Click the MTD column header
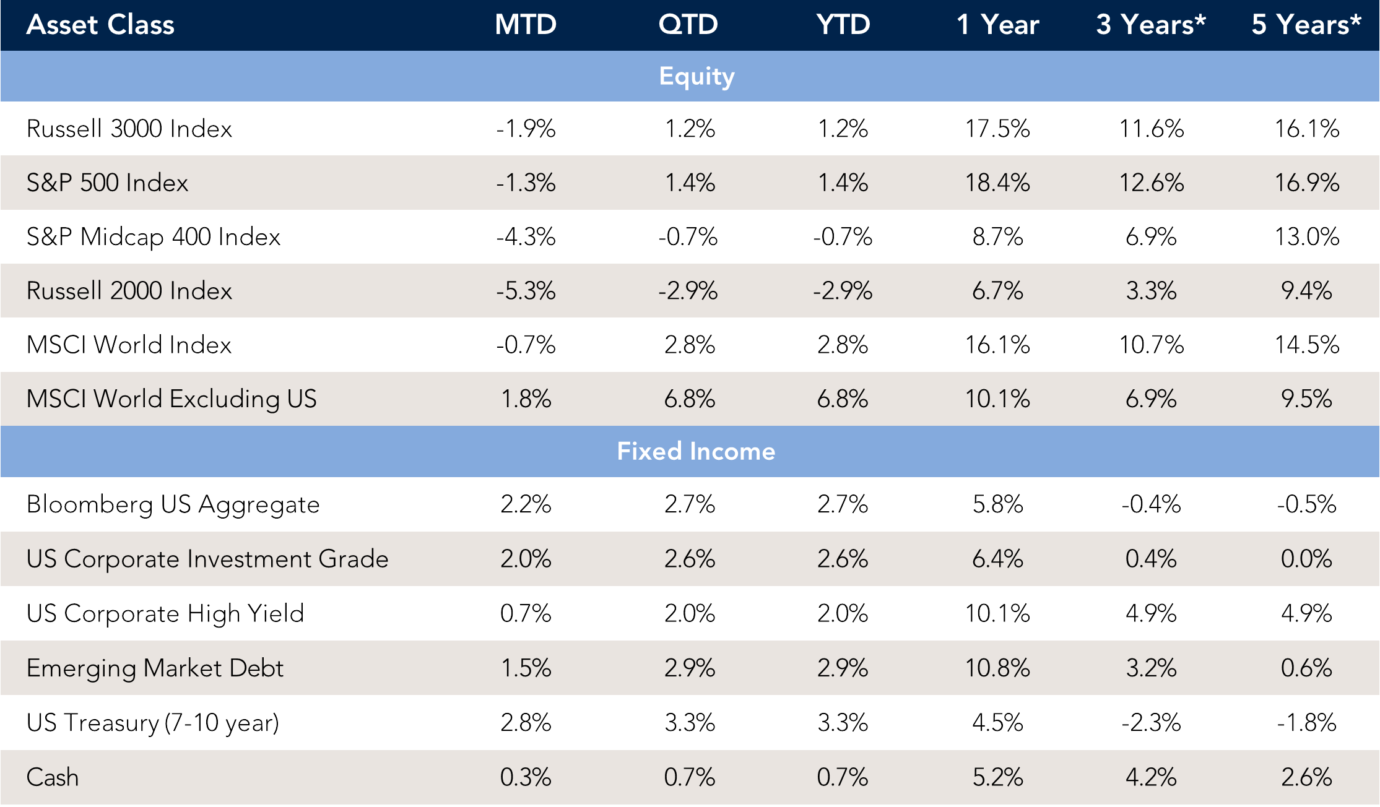coord(526,25)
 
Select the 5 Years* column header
coord(1306,25)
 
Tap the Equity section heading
coord(697,76)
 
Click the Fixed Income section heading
coord(696,451)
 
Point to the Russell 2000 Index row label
coord(129,291)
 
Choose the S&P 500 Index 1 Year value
coord(997,183)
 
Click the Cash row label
coord(53,777)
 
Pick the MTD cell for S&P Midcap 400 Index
coord(526,236)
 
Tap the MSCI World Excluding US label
coord(171,399)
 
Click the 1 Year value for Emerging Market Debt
coord(997,668)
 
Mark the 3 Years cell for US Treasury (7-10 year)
coord(1151,722)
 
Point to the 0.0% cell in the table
coord(1306,559)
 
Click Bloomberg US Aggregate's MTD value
coord(526,504)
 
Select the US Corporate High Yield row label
coord(165,613)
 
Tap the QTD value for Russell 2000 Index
coord(688,291)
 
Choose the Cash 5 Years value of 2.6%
coord(1306,777)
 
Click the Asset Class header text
coord(100,25)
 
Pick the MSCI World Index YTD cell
coord(843,345)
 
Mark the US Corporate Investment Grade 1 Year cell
coord(997,559)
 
